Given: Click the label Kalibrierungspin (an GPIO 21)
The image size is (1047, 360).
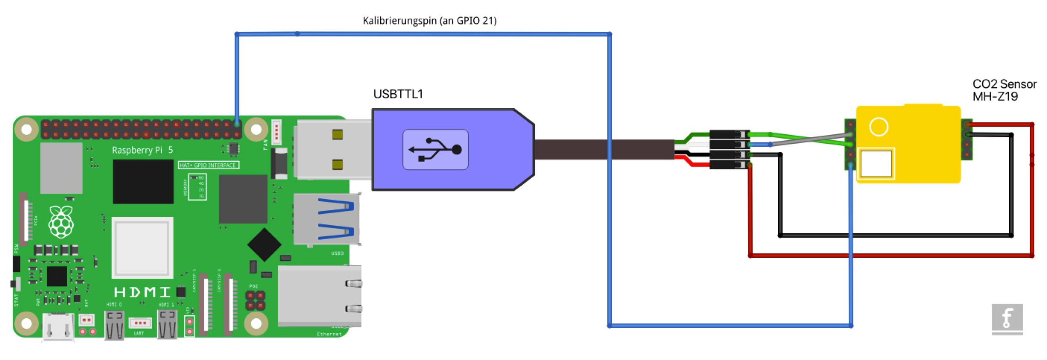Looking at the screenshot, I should pos(429,21).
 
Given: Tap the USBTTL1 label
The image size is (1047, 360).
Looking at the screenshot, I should pos(397,94).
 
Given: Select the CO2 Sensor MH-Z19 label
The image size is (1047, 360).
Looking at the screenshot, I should pos(1004,90).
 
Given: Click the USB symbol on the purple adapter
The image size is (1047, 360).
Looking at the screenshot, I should pos(435,150).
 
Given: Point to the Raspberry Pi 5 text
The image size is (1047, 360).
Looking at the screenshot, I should pos(142,150).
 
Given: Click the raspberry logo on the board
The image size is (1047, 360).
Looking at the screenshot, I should pos(61,222).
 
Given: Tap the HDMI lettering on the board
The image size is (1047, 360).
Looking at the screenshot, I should pos(142,292).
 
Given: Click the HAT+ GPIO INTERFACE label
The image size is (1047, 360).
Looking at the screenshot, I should pos(208,165).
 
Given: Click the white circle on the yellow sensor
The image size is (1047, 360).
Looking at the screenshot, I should pos(878,127).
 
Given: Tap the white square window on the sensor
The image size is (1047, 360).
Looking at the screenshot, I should pos(876,164).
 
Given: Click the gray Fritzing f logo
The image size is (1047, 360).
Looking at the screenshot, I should pos(1007,318).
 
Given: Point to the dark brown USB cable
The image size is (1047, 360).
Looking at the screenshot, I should pos(604,150).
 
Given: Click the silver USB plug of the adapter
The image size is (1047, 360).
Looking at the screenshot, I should pos(333,150).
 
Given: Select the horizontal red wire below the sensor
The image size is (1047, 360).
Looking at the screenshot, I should pos(892,255).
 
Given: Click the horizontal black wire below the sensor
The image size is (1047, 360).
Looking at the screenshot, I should pos(896,236).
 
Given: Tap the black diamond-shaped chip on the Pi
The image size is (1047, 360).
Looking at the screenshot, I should pos(264,245).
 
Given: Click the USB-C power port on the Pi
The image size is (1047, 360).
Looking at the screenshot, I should pos(58,327).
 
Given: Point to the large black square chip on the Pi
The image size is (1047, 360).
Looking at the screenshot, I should pos(143,181).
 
